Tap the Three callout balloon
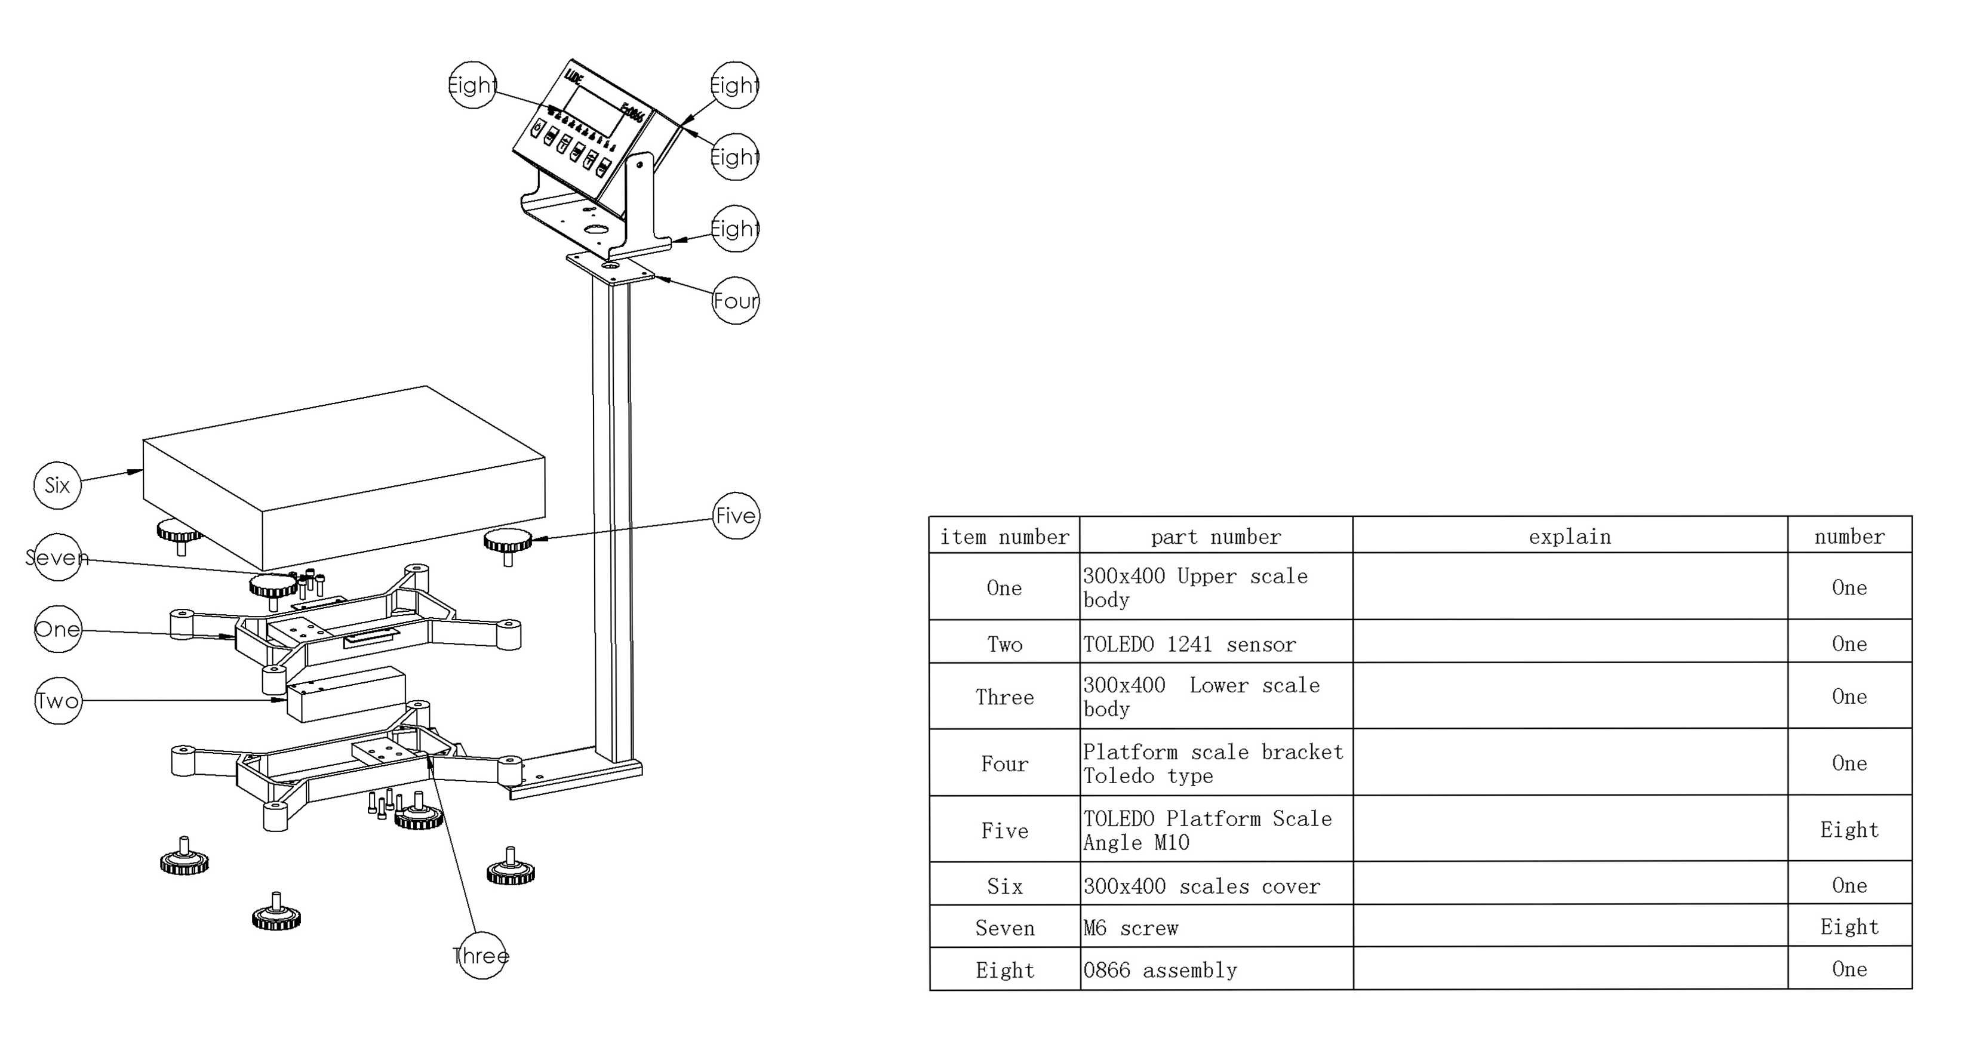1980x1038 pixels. point(481,955)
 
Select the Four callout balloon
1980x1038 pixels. point(736,300)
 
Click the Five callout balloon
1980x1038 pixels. point(736,516)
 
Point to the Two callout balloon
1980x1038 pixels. point(58,700)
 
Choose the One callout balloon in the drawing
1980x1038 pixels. point(58,629)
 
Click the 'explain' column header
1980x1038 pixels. point(1570,535)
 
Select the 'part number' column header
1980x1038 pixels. point(1215,535)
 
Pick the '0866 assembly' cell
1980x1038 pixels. point(1215,969)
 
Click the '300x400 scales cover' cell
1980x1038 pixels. point(1215,885)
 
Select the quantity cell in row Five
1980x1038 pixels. point(1849,829)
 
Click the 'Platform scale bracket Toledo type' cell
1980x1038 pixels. point(1215,762)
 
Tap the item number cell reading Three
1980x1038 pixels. point(1004,696)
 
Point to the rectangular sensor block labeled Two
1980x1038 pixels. point(346,695)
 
